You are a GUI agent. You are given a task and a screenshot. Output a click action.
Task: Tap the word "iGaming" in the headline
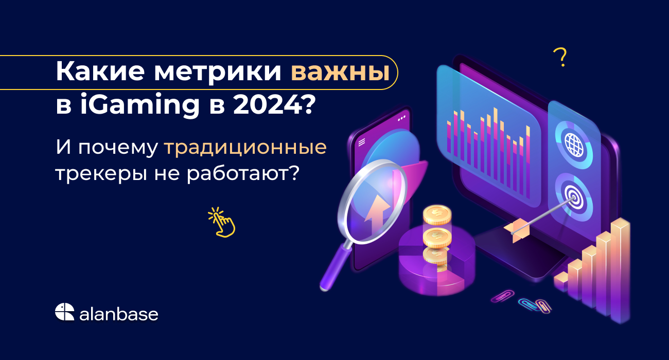[x=140, y=105]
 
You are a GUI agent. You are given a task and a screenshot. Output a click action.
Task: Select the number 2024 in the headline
[x=268, y=105]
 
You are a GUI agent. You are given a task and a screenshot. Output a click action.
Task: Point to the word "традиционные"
[x=245, y=148]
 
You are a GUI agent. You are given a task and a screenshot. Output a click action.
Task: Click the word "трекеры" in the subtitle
[x=101, y=173]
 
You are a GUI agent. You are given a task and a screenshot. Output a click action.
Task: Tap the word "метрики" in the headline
[x=218, y=72]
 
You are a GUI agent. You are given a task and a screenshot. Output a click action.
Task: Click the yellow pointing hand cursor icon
[x=222, y=222]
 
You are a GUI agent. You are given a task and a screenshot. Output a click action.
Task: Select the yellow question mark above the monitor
[x=560, y=57]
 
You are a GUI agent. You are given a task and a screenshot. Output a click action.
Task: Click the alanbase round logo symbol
[x=64, y=312]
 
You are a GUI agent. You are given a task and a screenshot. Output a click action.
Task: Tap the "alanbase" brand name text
[x=118, y=314]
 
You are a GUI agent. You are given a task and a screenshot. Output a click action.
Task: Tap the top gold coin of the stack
[x=437, y=214]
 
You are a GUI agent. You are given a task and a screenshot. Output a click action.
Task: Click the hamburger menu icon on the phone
[x=362, y=142]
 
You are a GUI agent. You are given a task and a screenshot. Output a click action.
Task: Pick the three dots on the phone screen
[x=402, y=118]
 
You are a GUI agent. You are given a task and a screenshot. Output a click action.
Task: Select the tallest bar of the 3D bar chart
[x=620, y=271]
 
